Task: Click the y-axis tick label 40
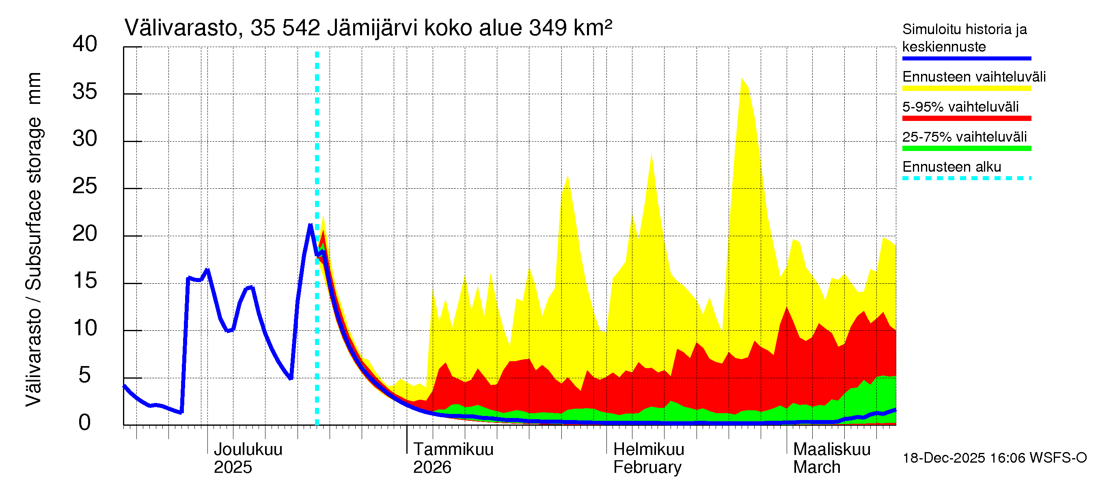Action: pyautogui.click(x=85, y=44)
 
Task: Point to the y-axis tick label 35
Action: pyautogui.click(x=85, y=91)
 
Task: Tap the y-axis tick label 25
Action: pyautogui.click(x=85, y=186)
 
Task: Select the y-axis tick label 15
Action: pyautogui.click(x=85, y=281)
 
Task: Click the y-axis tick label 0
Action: pyautogui.click(x=85, y=423)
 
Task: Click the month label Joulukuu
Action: pyautogui.click(x=248, y=449)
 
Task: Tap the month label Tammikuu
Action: pyautogui.click(x=453, y=449)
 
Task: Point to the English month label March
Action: pyautogui.click(x=816, y=468)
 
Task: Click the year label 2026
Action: pyautogui.click(x=432, y=468)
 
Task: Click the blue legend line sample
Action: pyautogui.click(x=966, y=58)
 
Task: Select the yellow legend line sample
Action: pyautogui.click(x=966, y=88)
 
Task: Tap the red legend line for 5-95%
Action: pyautogui.click(x=966, y=118)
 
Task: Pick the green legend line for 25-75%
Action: pyautogui.click(x=966, y=149)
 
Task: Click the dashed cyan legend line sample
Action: pyautogui.click(x=966, y=178)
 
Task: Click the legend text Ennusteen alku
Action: pyautogui.click(x=951, y=167)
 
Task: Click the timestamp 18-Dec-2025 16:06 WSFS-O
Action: pyautogui.click(x=994, y=458)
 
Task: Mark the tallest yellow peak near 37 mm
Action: pyautogui.click(x=742, y=79)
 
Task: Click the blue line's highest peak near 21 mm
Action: pyautogui.click(x=310, y=225)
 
